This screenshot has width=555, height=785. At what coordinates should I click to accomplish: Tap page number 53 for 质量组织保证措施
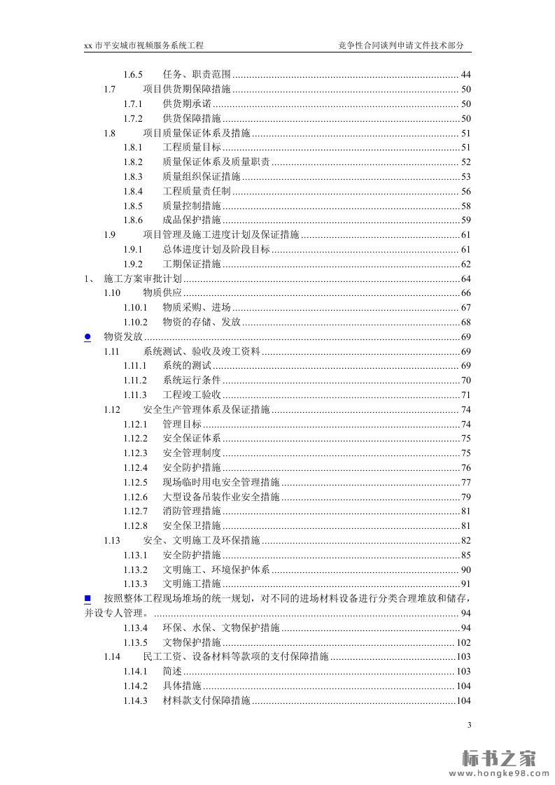465,177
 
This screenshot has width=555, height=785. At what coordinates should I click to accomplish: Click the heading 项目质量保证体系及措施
197,133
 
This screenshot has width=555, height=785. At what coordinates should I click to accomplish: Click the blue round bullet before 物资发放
87,337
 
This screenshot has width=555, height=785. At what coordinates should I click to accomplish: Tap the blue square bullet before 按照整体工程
87,598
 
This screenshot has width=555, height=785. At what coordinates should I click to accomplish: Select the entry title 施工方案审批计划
142,278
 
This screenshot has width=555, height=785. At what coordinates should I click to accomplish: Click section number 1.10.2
136,323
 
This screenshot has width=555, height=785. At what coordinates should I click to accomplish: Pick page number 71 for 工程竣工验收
465,395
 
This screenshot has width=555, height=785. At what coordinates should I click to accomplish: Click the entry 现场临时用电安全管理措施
221,482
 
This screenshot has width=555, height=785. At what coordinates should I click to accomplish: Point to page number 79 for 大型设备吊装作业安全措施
465,497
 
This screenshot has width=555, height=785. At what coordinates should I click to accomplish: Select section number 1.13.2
136,570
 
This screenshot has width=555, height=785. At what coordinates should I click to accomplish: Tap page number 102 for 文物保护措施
463,642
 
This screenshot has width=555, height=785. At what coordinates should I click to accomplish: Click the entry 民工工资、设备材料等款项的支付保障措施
235,657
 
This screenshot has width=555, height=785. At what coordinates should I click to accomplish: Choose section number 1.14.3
136,700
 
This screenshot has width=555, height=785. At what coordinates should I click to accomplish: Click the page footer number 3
470,725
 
